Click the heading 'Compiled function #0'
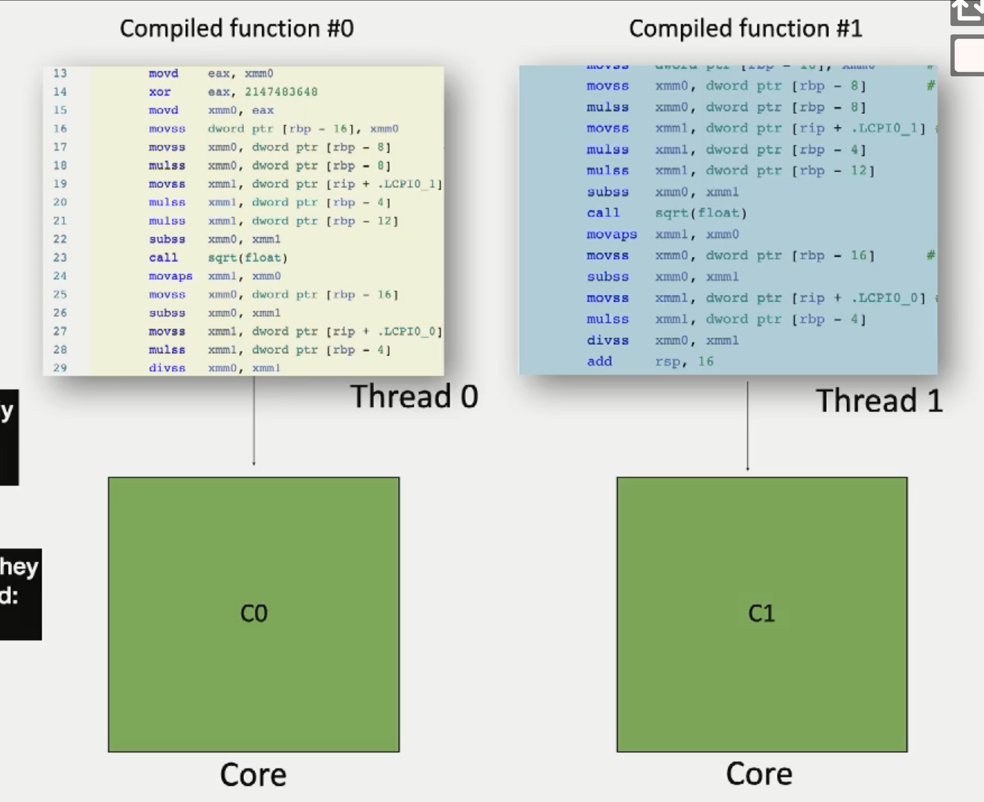coord(237,29)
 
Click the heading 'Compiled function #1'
coord(745,29)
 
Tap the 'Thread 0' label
coord(414,396)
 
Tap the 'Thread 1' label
coord(879,400)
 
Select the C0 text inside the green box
coord(254,614)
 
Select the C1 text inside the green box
coord(761,614)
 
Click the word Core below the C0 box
coord(253,775)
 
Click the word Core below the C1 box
coord(759,774)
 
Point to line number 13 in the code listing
coord(60,73)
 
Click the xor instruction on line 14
coord(160,92)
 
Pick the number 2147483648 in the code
coord(281,92)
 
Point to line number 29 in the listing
coord(60,368)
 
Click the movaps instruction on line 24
coord(170,276)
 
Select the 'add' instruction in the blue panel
coord(599,361)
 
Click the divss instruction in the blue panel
coord(607,341)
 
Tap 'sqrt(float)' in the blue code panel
coord(701,213)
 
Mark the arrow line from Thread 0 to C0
coord(254,420)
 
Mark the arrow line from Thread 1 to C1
coord(747,425)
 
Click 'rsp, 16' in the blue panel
coord(684,361)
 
